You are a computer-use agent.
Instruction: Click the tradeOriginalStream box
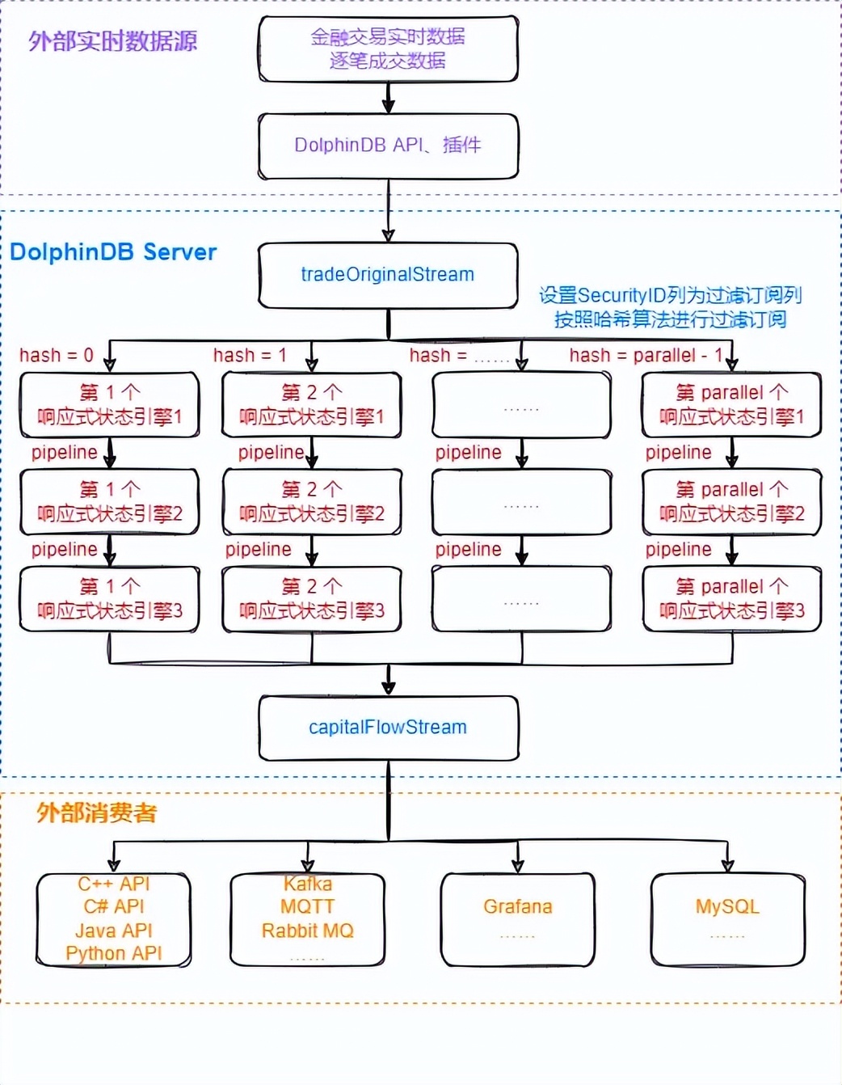coord(388,275)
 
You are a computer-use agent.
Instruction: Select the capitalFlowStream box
coord(388,728)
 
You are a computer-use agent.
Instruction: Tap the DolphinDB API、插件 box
coord(388,146)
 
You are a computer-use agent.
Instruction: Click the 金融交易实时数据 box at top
coord(388,49)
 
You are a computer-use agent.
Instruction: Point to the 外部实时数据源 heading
coord(113,41)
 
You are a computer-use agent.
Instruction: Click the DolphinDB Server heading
coord(113,252)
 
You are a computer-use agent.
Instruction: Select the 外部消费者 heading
coord(97,813)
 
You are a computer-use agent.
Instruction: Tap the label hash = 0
coord(57,355)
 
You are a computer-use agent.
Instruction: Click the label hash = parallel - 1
coord(646,355)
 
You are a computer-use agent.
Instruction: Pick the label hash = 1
coord(250,355)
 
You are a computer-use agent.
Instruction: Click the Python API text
coord(114,954)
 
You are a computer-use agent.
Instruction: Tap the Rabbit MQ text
coord(307,931)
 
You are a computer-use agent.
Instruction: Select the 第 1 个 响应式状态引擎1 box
coord(110,405)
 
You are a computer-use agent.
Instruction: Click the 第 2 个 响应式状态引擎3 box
coord(312,599)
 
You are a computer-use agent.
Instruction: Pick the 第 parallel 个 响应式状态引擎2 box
coord(731,502)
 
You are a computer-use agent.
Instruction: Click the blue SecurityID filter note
coord(670,307)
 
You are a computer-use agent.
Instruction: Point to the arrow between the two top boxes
coord(388,98)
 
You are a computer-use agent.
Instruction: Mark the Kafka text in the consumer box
coord(308,884)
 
